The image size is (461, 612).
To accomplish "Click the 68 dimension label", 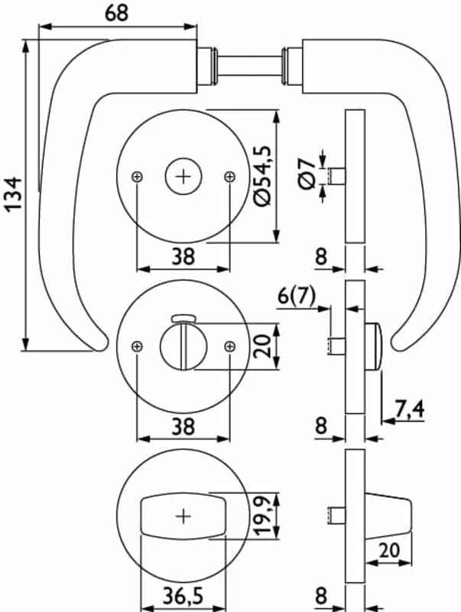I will click(117, 13).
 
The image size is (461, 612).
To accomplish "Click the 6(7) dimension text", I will click(293, 297).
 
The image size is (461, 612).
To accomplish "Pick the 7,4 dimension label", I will click(410, 410).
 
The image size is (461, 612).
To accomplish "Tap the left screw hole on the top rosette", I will click(136, 177).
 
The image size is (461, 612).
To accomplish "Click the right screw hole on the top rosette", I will click(229, 177).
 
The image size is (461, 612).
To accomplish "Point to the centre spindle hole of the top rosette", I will click(183, 177).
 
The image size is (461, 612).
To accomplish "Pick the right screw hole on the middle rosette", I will click(229, 347).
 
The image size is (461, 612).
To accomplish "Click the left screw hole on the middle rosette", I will click(136, 347).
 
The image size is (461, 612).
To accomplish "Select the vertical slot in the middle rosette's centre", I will click(183, 348).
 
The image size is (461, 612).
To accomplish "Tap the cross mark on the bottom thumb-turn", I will click(183, 516).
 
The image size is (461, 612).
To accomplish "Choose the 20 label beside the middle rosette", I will click(262, 347).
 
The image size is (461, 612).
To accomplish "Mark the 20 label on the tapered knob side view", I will click(390, 549).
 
